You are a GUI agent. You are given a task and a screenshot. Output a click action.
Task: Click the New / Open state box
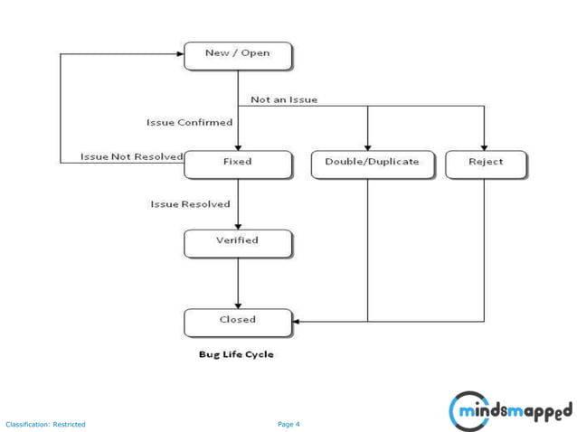click(238, 55)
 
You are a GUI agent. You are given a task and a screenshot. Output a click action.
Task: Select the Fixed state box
click(238, 164)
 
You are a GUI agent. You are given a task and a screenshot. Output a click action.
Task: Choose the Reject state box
click(486, 164)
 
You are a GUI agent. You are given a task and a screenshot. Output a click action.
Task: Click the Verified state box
click(238, 242)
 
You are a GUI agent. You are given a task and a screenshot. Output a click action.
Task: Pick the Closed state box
click(238, 322)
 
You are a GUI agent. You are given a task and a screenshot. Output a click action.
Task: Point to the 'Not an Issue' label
click(284, 99)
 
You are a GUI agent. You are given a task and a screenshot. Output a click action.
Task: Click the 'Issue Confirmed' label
click(189, 122)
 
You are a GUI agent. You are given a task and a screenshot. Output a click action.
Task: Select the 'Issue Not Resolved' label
click(131, 156)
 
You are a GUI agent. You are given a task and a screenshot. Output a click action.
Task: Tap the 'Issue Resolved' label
click(190, 204)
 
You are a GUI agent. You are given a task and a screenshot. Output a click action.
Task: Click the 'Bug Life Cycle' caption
click(236, 354)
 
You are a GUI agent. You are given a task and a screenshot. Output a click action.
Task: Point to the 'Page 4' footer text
click(288, 424)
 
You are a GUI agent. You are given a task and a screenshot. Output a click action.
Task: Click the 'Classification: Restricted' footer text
click(45, 424)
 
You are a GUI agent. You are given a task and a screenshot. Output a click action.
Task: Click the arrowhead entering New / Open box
click(179, 54)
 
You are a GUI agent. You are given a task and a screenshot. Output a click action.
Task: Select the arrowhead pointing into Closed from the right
click(297, 321)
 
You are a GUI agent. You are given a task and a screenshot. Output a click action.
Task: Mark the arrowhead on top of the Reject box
click(485, 146)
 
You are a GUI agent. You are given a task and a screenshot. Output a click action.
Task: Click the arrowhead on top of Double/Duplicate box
click(368, 146)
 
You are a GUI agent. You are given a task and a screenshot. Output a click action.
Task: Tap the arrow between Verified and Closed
click(238, 283)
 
